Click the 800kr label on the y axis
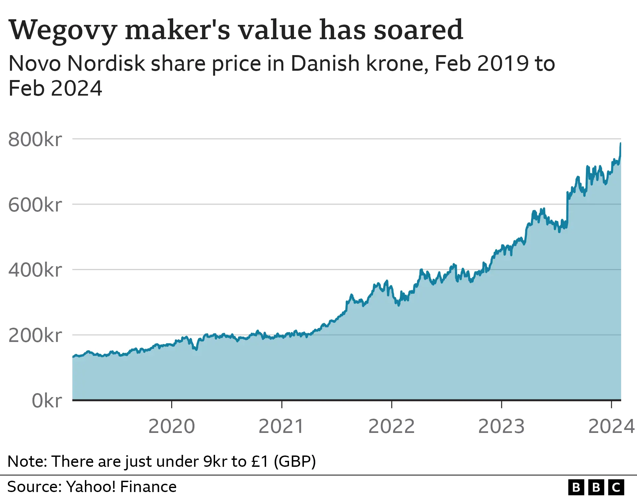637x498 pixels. (35, 139)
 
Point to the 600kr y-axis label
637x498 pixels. (35, 205)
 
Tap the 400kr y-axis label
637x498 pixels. (35, 270)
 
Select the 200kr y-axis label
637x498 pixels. (35, 335)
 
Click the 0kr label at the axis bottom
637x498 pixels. (46, 401)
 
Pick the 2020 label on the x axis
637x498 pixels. (172, 426)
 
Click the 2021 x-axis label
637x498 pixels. (281, 426)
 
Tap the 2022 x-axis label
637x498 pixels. (391, 426)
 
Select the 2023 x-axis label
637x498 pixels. (501, 426)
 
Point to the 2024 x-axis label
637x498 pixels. (611, 426)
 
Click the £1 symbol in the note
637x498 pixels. (260, 461)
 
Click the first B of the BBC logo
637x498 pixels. (576, 487)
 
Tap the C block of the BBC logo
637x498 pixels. (616, 487)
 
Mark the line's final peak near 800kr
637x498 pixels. (620, 143)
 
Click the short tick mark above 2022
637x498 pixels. (391, 404)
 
